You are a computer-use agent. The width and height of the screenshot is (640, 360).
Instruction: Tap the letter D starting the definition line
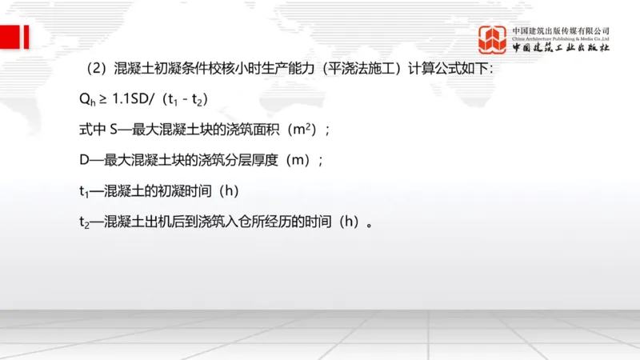coord(75,159)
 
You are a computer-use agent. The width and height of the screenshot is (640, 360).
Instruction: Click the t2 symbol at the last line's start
coord(75,221)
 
